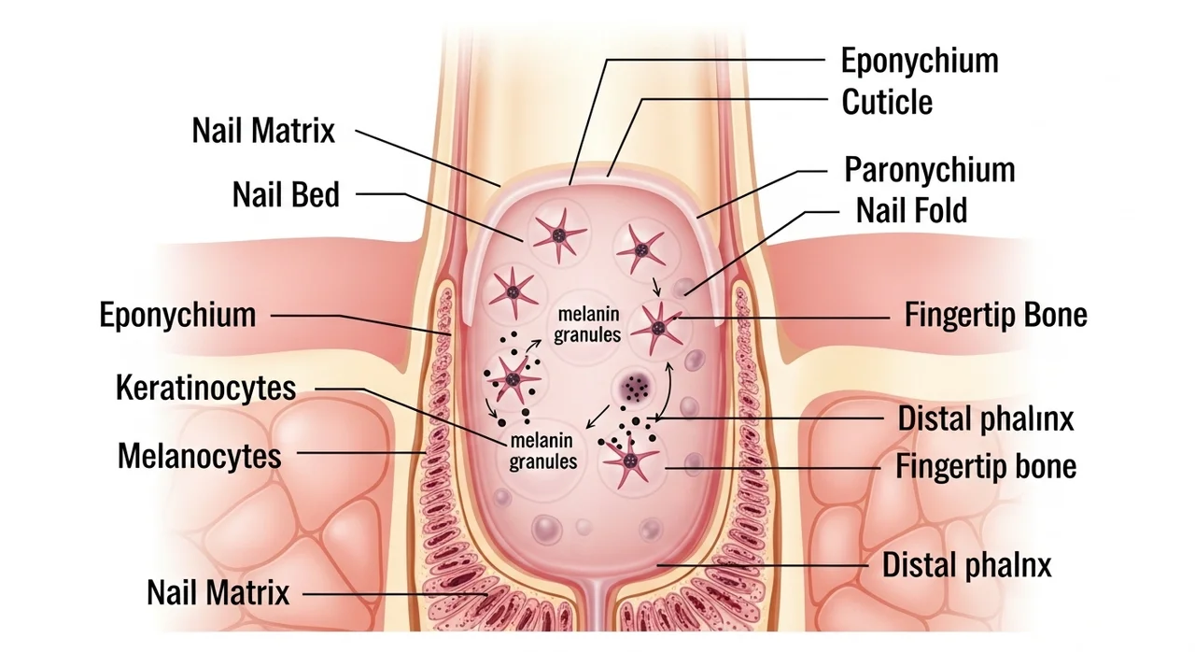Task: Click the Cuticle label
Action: pos(887,101)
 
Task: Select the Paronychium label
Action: pos(929,170)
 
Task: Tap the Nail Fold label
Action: pos(911,210)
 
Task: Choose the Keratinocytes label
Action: pos(205,388)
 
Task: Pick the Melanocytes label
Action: pos(200,456)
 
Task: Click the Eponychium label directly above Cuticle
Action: pos(920,61)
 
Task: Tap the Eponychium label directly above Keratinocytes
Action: pos(177,315)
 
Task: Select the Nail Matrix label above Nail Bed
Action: pos(263,130)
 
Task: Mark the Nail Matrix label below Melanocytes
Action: pos(218,592)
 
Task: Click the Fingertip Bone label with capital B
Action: pos(996,315)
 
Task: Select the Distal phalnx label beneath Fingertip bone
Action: pos(967,565)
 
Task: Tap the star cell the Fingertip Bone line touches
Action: pos(660,326)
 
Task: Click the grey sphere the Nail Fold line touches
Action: pos(684,287)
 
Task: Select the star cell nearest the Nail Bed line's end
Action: pos(557,235)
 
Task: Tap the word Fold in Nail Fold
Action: pos(936,210)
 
